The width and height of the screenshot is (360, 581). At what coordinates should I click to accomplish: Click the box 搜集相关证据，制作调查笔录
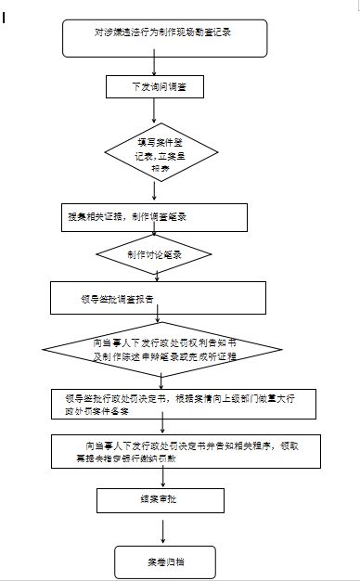pyautogui.click(x=153, y=215)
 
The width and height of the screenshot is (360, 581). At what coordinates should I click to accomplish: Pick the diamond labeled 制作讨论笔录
pyautogui.click(x=153, y=253)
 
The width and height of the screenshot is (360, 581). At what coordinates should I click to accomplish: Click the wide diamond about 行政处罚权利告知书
pyautogui.click(x=162, y=350)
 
